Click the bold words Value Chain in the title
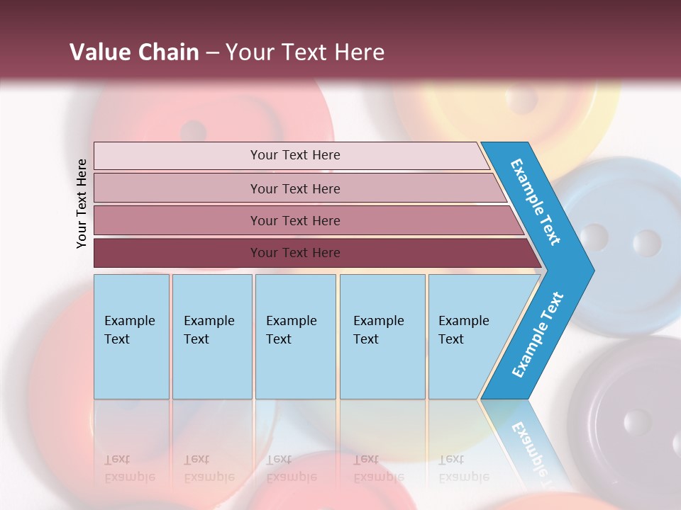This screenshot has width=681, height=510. coord(134,52)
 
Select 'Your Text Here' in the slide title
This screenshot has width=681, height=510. coord(305,52)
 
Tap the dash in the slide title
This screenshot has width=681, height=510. coord(212,53)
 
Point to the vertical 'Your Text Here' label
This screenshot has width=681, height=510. coord(82,204)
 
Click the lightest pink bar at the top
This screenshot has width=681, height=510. coord(294,155)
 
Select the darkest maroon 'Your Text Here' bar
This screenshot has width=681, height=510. coord(294,253)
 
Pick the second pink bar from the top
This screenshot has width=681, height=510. coord(294,188)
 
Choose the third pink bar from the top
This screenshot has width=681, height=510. coord(294,220)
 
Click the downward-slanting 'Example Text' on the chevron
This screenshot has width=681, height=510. coord(536,202)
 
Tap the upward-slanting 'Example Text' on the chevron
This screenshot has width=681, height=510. coord(538,334)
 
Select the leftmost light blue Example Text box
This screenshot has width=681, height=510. coord(131,336)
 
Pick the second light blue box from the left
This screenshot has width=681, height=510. coord(211,336)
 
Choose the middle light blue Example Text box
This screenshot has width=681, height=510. coord(295,336)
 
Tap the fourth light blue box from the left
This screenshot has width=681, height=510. coord(382,336)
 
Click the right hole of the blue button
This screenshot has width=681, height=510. coord(646,243)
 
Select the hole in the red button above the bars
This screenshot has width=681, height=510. coord(193,131)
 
